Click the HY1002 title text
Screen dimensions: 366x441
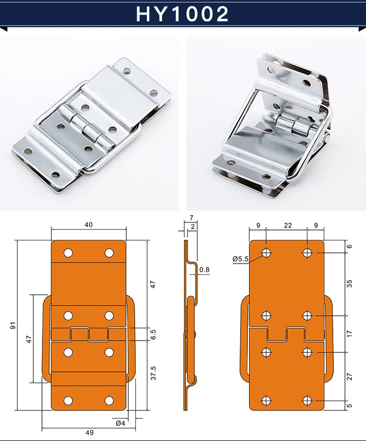183,14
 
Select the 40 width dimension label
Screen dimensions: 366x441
88,225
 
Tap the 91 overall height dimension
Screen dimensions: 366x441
13,326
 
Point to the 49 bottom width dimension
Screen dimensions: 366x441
89,432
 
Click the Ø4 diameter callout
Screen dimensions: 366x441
121,423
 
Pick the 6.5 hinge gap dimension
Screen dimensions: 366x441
153,334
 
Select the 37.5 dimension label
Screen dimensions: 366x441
153,373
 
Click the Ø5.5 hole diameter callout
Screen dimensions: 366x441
241,259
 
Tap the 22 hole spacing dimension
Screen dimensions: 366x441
287,225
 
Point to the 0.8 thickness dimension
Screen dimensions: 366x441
204,270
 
